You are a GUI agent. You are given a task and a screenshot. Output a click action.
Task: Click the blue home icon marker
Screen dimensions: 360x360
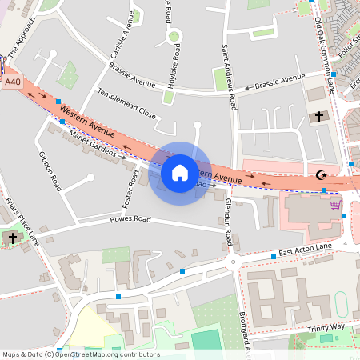(x=180, y=173)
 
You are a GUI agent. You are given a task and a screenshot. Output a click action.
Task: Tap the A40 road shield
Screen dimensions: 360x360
(x=12, y=82)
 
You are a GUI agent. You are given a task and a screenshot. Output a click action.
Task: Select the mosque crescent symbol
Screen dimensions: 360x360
(x=322, y=174)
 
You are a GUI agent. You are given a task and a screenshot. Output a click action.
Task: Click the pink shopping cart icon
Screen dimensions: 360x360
(x=335, y=204)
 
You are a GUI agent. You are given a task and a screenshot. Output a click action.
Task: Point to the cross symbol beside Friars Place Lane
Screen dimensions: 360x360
(x=12, y=238)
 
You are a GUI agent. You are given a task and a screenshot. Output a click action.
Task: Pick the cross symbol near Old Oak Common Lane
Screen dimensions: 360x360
(x=318, y=117)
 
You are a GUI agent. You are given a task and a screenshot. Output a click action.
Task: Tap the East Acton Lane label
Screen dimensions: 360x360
(x=304, y=251)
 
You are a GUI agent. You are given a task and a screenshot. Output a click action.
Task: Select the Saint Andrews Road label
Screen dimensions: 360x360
(x=229, y=77)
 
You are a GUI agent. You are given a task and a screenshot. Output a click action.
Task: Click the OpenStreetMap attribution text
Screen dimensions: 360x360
(x=81, y=354)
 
